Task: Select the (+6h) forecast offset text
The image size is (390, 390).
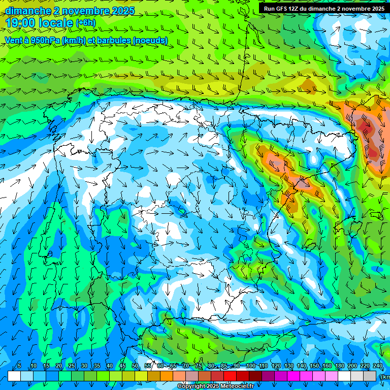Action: [85, 23]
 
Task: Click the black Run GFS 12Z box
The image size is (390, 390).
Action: [323, 8]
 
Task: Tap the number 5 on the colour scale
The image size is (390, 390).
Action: [19, 366]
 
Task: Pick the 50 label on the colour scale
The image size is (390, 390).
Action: [135, 366]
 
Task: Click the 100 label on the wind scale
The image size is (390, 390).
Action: [250, 366]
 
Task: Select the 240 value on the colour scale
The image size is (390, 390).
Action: [378, 366]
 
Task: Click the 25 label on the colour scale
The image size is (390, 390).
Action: [71, 366]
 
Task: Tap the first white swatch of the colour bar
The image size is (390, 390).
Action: [14, 376]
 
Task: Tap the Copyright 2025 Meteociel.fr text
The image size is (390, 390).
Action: [215, 386]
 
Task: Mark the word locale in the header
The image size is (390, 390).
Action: [55, 23]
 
